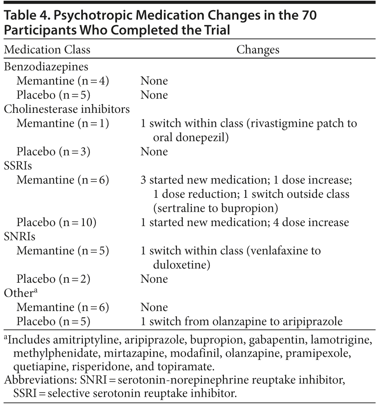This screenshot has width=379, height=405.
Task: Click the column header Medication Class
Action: coord(47,50)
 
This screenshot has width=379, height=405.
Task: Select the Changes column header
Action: coord(258,50)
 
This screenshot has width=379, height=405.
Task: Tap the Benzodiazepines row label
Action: coord(46,66)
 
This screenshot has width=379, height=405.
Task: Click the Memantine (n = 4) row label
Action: coord(63,81)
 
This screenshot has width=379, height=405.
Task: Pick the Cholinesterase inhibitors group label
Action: coord(67,109)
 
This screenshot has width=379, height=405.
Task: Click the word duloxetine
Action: coord(182,265)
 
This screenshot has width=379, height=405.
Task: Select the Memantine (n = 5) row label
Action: coord(63,250)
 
